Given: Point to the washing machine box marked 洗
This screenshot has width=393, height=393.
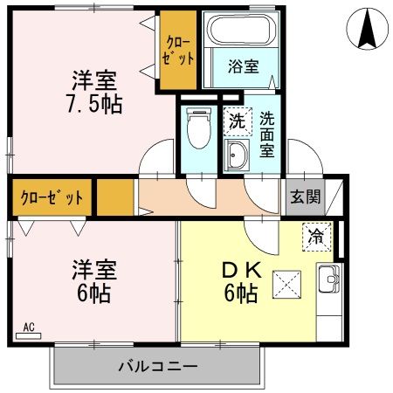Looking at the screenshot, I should pos(237,121).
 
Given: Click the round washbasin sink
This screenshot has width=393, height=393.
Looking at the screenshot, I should pos(236,156).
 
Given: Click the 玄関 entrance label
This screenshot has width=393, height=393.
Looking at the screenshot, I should pos(305,196).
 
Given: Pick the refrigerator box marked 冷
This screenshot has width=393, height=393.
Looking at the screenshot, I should pos(317,235).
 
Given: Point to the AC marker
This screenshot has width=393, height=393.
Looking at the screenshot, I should pos(29,327).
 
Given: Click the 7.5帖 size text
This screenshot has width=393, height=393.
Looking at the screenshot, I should pos(93,104).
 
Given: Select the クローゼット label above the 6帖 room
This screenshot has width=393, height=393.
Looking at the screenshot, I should pos(52,196).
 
